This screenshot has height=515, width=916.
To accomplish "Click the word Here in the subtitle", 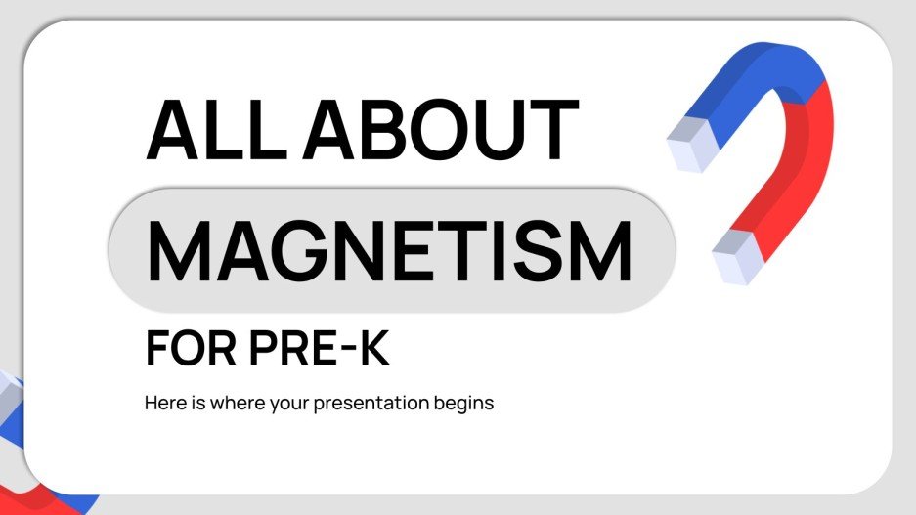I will click(x=162, y=403).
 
